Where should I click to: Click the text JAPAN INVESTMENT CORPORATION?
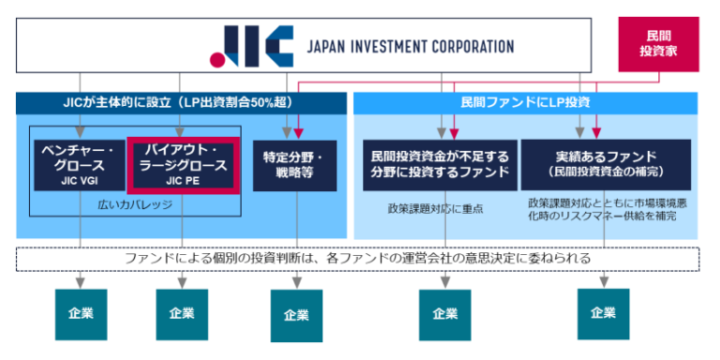pyautogui.click(x=411, y=46)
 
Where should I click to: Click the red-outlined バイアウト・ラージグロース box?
pyautogui.click(x=184, y=163)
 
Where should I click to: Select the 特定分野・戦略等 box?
pyautogui.click(x=294, y=165)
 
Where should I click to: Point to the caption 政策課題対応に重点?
pyautogui.click(x=436, y=208)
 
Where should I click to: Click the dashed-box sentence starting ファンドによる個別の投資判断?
pyautogui.click(x=359, y=258)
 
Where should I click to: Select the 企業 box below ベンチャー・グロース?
pyautogui.click(x=81, y=313)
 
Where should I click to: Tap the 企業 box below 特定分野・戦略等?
pyautogui.click(x=296, y=315)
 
